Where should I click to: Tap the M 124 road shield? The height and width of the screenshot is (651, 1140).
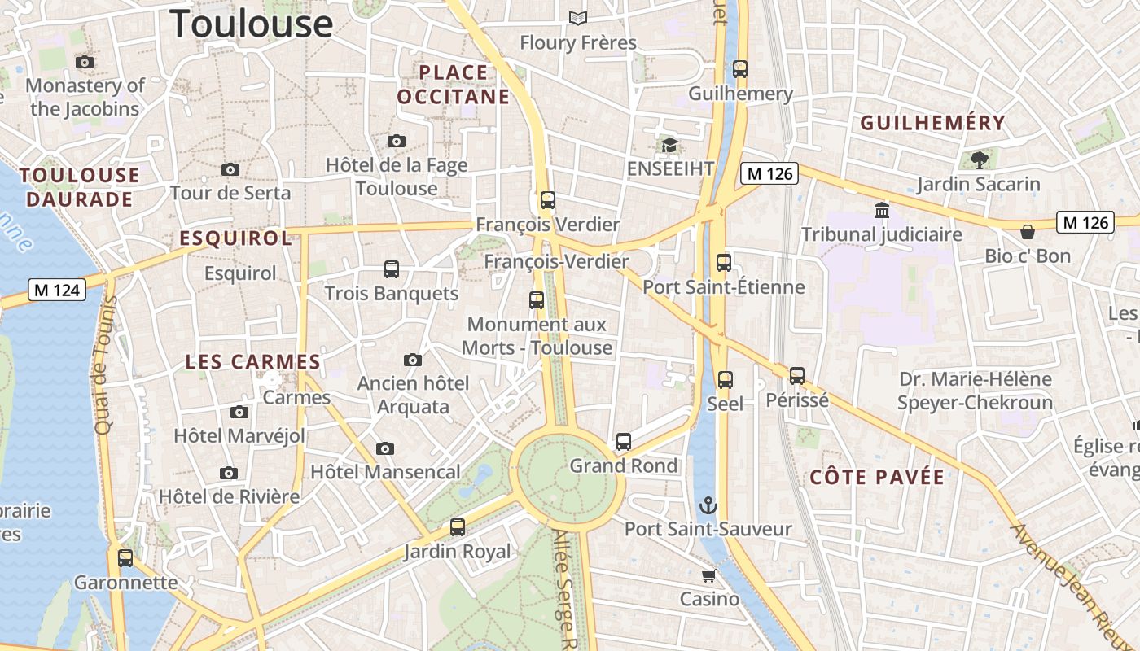(57, 289)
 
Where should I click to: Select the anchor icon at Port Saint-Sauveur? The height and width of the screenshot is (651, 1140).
(708, 505)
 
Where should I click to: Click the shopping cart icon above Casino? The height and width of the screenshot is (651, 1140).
(708, 576)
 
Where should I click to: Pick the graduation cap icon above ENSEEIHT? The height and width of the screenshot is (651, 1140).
(669, 145)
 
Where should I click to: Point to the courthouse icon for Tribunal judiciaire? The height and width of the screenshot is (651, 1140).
(881, 211)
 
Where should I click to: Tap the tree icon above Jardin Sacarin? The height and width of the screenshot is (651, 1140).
(979, 159)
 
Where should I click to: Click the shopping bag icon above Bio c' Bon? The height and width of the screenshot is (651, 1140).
(1028, 232)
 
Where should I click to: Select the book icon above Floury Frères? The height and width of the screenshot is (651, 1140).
(578, 18)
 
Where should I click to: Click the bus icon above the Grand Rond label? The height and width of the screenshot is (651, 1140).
(624, 442)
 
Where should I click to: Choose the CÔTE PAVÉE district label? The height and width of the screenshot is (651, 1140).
(877, 478)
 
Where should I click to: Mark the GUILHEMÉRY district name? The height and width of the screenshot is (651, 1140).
(933, 123)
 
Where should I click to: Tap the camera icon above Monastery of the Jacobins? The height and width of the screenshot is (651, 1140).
(84, 62)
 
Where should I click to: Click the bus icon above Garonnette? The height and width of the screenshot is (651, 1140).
(125, 558)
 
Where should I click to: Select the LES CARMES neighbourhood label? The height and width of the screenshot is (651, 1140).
(252, 362)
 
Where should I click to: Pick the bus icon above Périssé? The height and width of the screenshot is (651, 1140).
(797, 376)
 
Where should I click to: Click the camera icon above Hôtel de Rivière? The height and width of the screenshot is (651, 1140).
(229, 473)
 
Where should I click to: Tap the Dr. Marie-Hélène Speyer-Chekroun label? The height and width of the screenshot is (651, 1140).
(975, 391)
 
